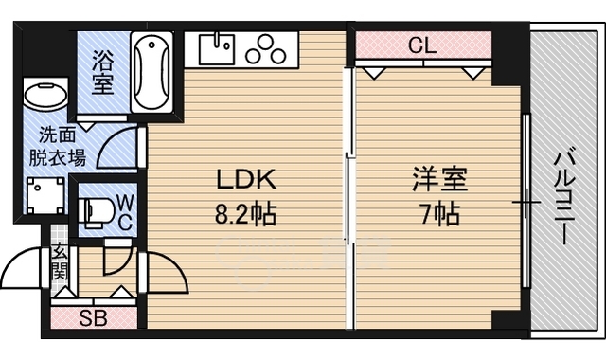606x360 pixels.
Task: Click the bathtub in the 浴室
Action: tap(151, 72)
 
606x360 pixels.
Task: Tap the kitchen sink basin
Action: tap(217, 49)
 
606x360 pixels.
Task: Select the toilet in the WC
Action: tap(97, 212)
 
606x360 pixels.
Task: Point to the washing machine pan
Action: tap(45, 196)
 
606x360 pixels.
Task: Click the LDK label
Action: tap(246, 180)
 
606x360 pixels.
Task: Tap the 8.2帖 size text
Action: tap(246, 214)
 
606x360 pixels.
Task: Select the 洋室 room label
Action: tap(439, 179)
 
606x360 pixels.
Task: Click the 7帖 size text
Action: tap(439, 214)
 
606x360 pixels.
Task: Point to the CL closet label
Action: tap(422, 45)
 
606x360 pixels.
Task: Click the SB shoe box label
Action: tap(93, 318)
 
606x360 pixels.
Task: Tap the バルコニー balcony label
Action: tap(565, 198)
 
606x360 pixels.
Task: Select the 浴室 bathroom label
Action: tap(103, 73)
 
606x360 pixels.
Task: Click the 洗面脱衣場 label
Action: tap(58, 147)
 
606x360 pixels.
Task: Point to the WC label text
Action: tap(125, 212)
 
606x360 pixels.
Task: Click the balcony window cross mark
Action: tap(526, 202)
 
